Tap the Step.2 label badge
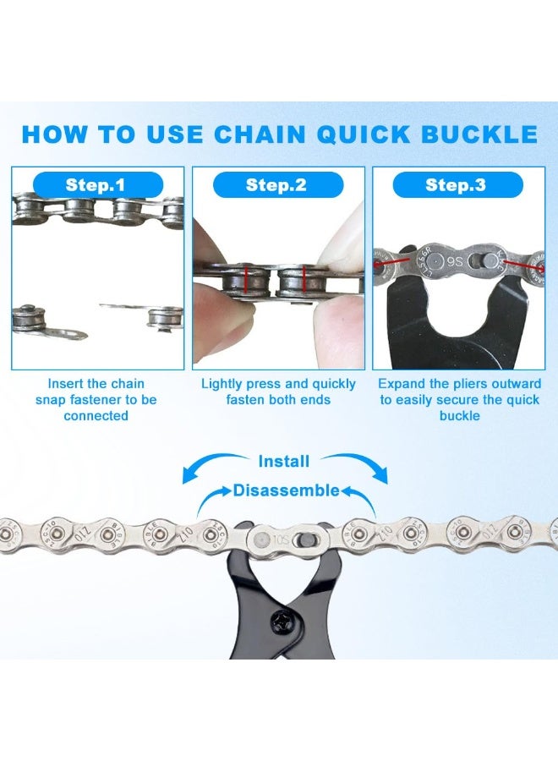point(276,185)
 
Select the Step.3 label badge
point(455,185)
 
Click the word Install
point(283,462)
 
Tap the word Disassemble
point(286,490)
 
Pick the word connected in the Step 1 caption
point(96,416)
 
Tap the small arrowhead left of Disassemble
point(226,490)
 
